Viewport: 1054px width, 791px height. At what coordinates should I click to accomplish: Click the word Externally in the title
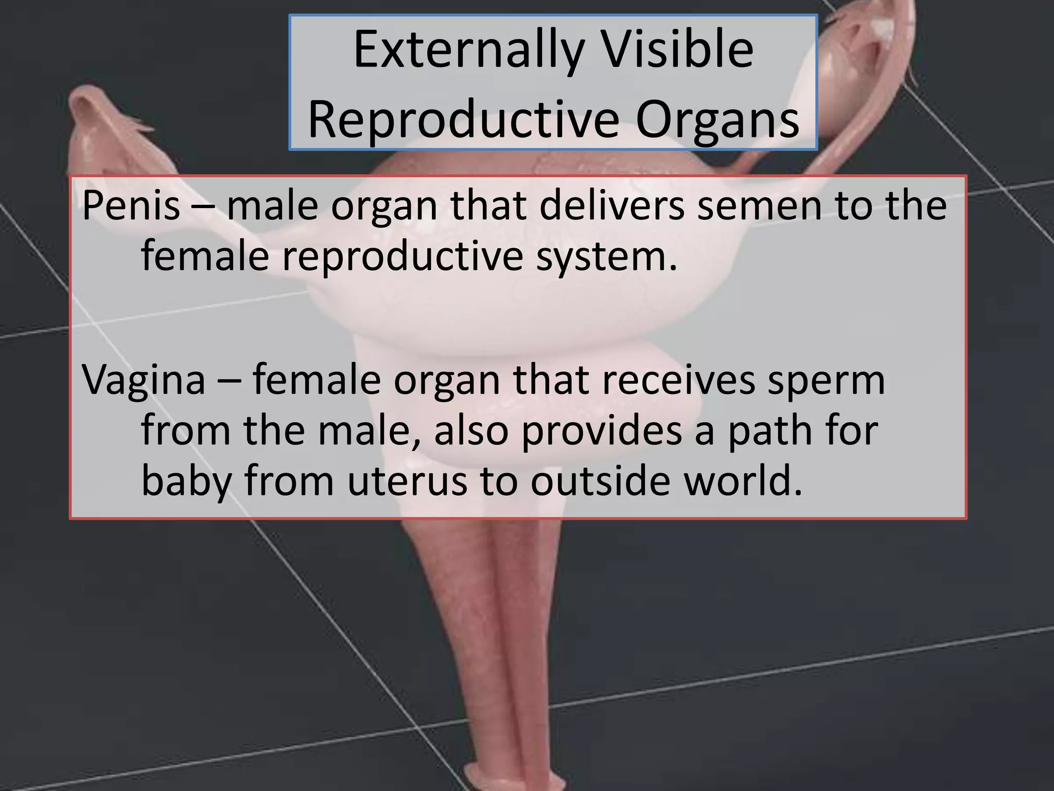click(x=468, y=50)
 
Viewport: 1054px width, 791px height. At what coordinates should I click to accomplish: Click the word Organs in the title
click(x=717, y=122)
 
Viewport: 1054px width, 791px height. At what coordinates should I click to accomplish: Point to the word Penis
click(x=131, y=205)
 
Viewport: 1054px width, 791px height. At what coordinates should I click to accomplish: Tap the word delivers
click(x=612, y=205)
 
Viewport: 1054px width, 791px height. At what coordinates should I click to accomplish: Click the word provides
click(x=602, y=431)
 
